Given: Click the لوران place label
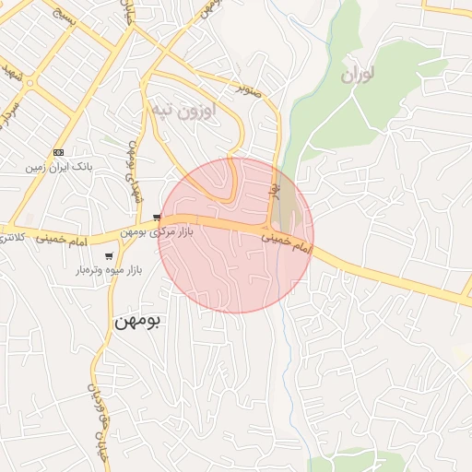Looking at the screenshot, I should pyautogui.click(x=360, y=75).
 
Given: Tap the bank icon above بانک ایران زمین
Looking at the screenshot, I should pyautogui.click(x=59, y=152).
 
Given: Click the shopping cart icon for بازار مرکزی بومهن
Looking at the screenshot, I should pyautogui.click(x=157, y=217).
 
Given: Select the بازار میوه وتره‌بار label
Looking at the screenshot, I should pyautogui.click(x=109, y=271).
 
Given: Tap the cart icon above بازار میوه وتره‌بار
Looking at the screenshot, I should pyautogui.click(x=109, y=256).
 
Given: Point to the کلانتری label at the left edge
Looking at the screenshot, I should pyautogui.click(x=9, y=239).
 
